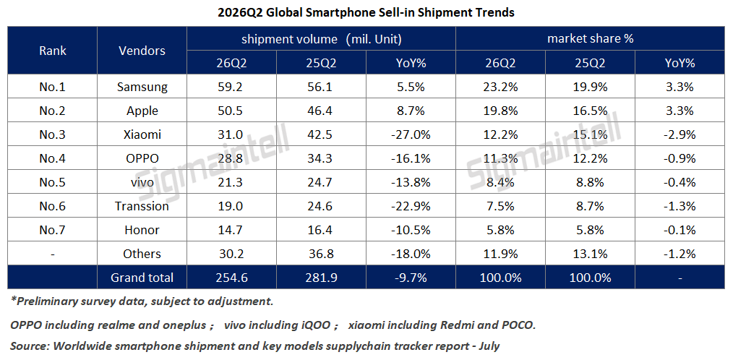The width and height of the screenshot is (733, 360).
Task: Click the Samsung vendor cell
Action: click(x=142, y=87)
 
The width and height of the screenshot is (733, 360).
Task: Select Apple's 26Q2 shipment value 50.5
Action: click(x=231, y=111)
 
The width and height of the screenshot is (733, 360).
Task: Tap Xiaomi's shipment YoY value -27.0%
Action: click(x=411, y=134)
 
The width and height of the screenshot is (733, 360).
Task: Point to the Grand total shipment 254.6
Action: click(x=231, y=278)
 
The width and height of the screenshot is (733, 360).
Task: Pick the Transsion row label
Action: click(x=142, y=206)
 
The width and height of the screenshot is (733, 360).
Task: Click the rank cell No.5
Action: click(x=52, y=182)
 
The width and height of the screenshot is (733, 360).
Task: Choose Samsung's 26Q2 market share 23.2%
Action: click(x=500, y=87)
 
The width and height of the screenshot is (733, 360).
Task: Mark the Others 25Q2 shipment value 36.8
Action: click(x=321, y=254)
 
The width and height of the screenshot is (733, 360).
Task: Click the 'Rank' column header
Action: click(x=52, y=51)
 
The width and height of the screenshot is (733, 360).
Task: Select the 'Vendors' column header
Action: click(x=142, y=51)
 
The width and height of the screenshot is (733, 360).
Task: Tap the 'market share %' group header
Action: click(x=590, y=39)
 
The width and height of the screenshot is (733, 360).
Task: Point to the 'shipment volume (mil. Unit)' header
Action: click(x=321, y=39)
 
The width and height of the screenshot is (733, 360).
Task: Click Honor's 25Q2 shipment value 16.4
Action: click(x=321, y=230)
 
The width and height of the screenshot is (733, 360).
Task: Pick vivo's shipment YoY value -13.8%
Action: click(x=411, y=182)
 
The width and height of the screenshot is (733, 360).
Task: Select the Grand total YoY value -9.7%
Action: click(x=411, y=278)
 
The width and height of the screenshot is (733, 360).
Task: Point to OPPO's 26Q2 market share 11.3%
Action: click(x=500, y=158)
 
